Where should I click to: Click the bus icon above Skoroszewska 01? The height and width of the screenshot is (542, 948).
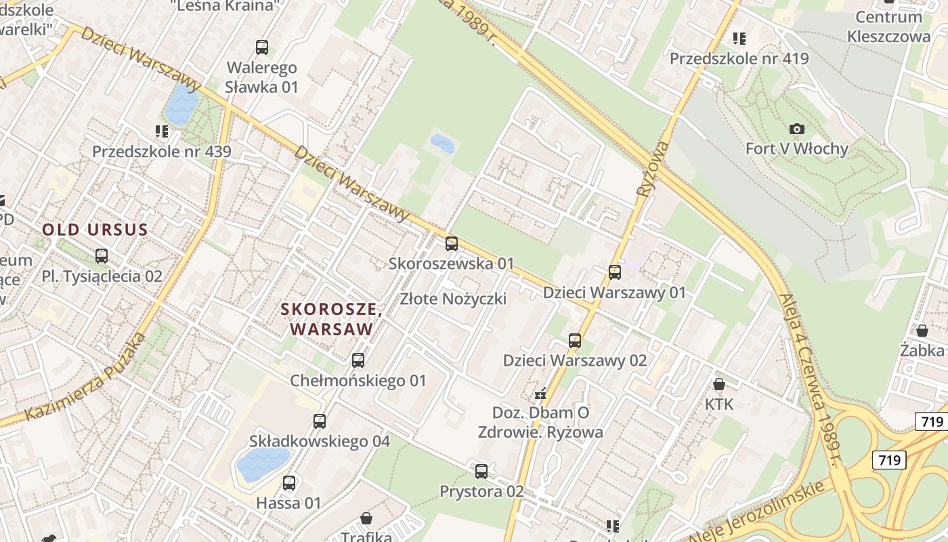(x=452, y=244)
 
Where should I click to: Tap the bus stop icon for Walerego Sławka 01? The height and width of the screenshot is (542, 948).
(x=262, y=47)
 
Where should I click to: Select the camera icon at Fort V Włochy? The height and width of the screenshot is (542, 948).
(x=797, y=129)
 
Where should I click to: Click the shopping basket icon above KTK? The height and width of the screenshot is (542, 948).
(x=719, y=384)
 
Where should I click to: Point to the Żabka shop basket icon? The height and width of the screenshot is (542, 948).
(x=922, y=331)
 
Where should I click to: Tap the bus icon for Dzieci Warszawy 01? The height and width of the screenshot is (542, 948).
(x=615, y=272)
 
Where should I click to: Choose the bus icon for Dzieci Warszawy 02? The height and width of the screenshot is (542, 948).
(x=575, y=341)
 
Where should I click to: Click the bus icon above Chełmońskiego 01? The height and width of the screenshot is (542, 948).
(x=358, y=360)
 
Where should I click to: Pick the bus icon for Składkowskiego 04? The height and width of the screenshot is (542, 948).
(x=320, y=421)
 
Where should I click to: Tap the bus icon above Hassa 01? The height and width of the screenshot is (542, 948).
(x=289, y=483)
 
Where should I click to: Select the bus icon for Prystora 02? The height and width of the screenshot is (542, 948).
(x=481, y=472)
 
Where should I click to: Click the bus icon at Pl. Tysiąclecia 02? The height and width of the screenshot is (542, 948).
(x=102, y=256)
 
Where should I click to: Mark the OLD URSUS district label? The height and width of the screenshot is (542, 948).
(x=95, y=230)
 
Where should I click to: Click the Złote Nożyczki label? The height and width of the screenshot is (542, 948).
(x=453, y=299)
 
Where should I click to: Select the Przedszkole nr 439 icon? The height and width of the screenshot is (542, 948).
(x=161, y=131)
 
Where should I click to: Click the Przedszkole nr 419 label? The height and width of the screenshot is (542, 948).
(x=739, y=58)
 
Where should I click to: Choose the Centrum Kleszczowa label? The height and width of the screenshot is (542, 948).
(x=889, y=26)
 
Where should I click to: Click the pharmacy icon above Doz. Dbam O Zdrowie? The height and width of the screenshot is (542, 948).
(x=540, y=393)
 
